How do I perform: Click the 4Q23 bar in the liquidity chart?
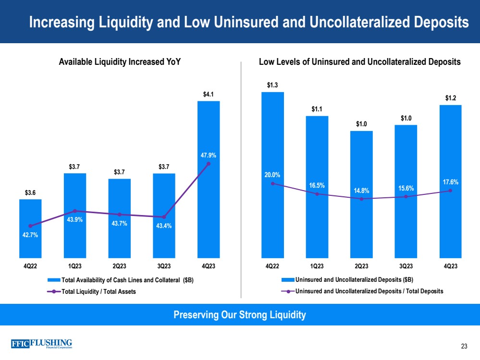coord(209,202)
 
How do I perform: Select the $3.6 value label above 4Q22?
coord(30,193)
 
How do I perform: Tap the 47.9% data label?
coord(209,155)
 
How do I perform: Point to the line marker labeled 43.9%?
coord(74,211)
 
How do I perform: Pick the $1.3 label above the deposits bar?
coord(272,85)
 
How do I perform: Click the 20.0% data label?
coord(272,175)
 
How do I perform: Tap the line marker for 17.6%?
coord(450,191)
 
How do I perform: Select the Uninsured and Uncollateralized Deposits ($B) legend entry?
coord(354,279)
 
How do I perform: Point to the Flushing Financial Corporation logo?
coord(41,343)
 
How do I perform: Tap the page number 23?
coord(464,347)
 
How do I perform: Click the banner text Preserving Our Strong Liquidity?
coord(240,315)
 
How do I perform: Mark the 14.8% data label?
coord(361,190)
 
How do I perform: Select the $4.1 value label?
coord(209,94)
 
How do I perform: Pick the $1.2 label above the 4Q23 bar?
coord(450,98)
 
